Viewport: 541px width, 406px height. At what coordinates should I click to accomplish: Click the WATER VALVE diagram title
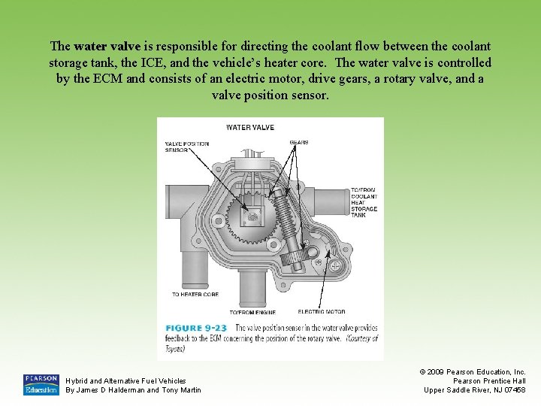click(x=250, y=127)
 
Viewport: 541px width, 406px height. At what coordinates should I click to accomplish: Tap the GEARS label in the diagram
click(x=299, y=143)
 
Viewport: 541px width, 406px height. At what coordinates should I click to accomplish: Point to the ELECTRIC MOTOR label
click(x=322, y=311)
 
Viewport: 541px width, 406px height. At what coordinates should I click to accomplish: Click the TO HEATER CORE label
click(x=195, y=294)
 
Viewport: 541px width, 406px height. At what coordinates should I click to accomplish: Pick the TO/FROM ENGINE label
click(x=252, y=311)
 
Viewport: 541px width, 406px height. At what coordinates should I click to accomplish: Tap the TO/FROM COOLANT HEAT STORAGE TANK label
click(x=364, y=202)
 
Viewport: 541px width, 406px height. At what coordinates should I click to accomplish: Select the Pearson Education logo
click(x=41, y=384)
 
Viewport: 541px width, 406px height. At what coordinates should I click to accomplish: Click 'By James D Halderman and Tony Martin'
click(x=133, y=389)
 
